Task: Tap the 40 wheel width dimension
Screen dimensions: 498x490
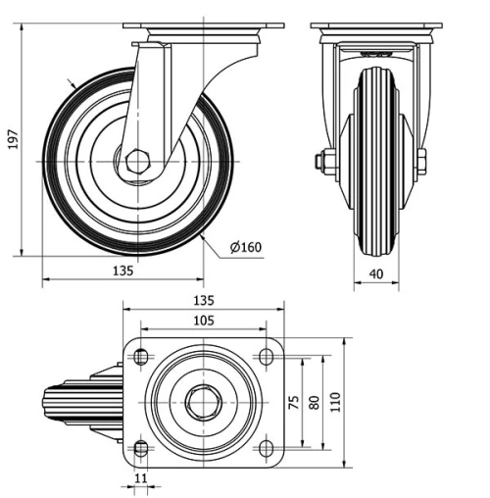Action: pyautogui.click(x=375, y=275)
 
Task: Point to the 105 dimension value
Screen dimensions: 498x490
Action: pyautogui.click(x=203, y=321)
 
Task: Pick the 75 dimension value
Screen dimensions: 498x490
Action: pyautogui.click(x=292, y=402)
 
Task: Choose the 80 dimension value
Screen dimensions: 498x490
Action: pyautogui.click(x=314, y=402)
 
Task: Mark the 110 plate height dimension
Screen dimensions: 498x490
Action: pyautogui.click(x=335, y=402)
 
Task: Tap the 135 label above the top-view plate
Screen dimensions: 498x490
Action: pyautogui.click(x=203, y=300)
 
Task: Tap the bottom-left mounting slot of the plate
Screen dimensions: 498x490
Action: pyautogui.click(x=141, y=449)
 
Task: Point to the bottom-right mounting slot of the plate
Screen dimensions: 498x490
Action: pyautogui.click(x=265, y=449)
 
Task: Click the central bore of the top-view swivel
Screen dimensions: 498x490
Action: pyautogui.click(x=203, y=403)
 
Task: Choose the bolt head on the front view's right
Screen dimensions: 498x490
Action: pyautogui.click(x=420, y=160)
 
